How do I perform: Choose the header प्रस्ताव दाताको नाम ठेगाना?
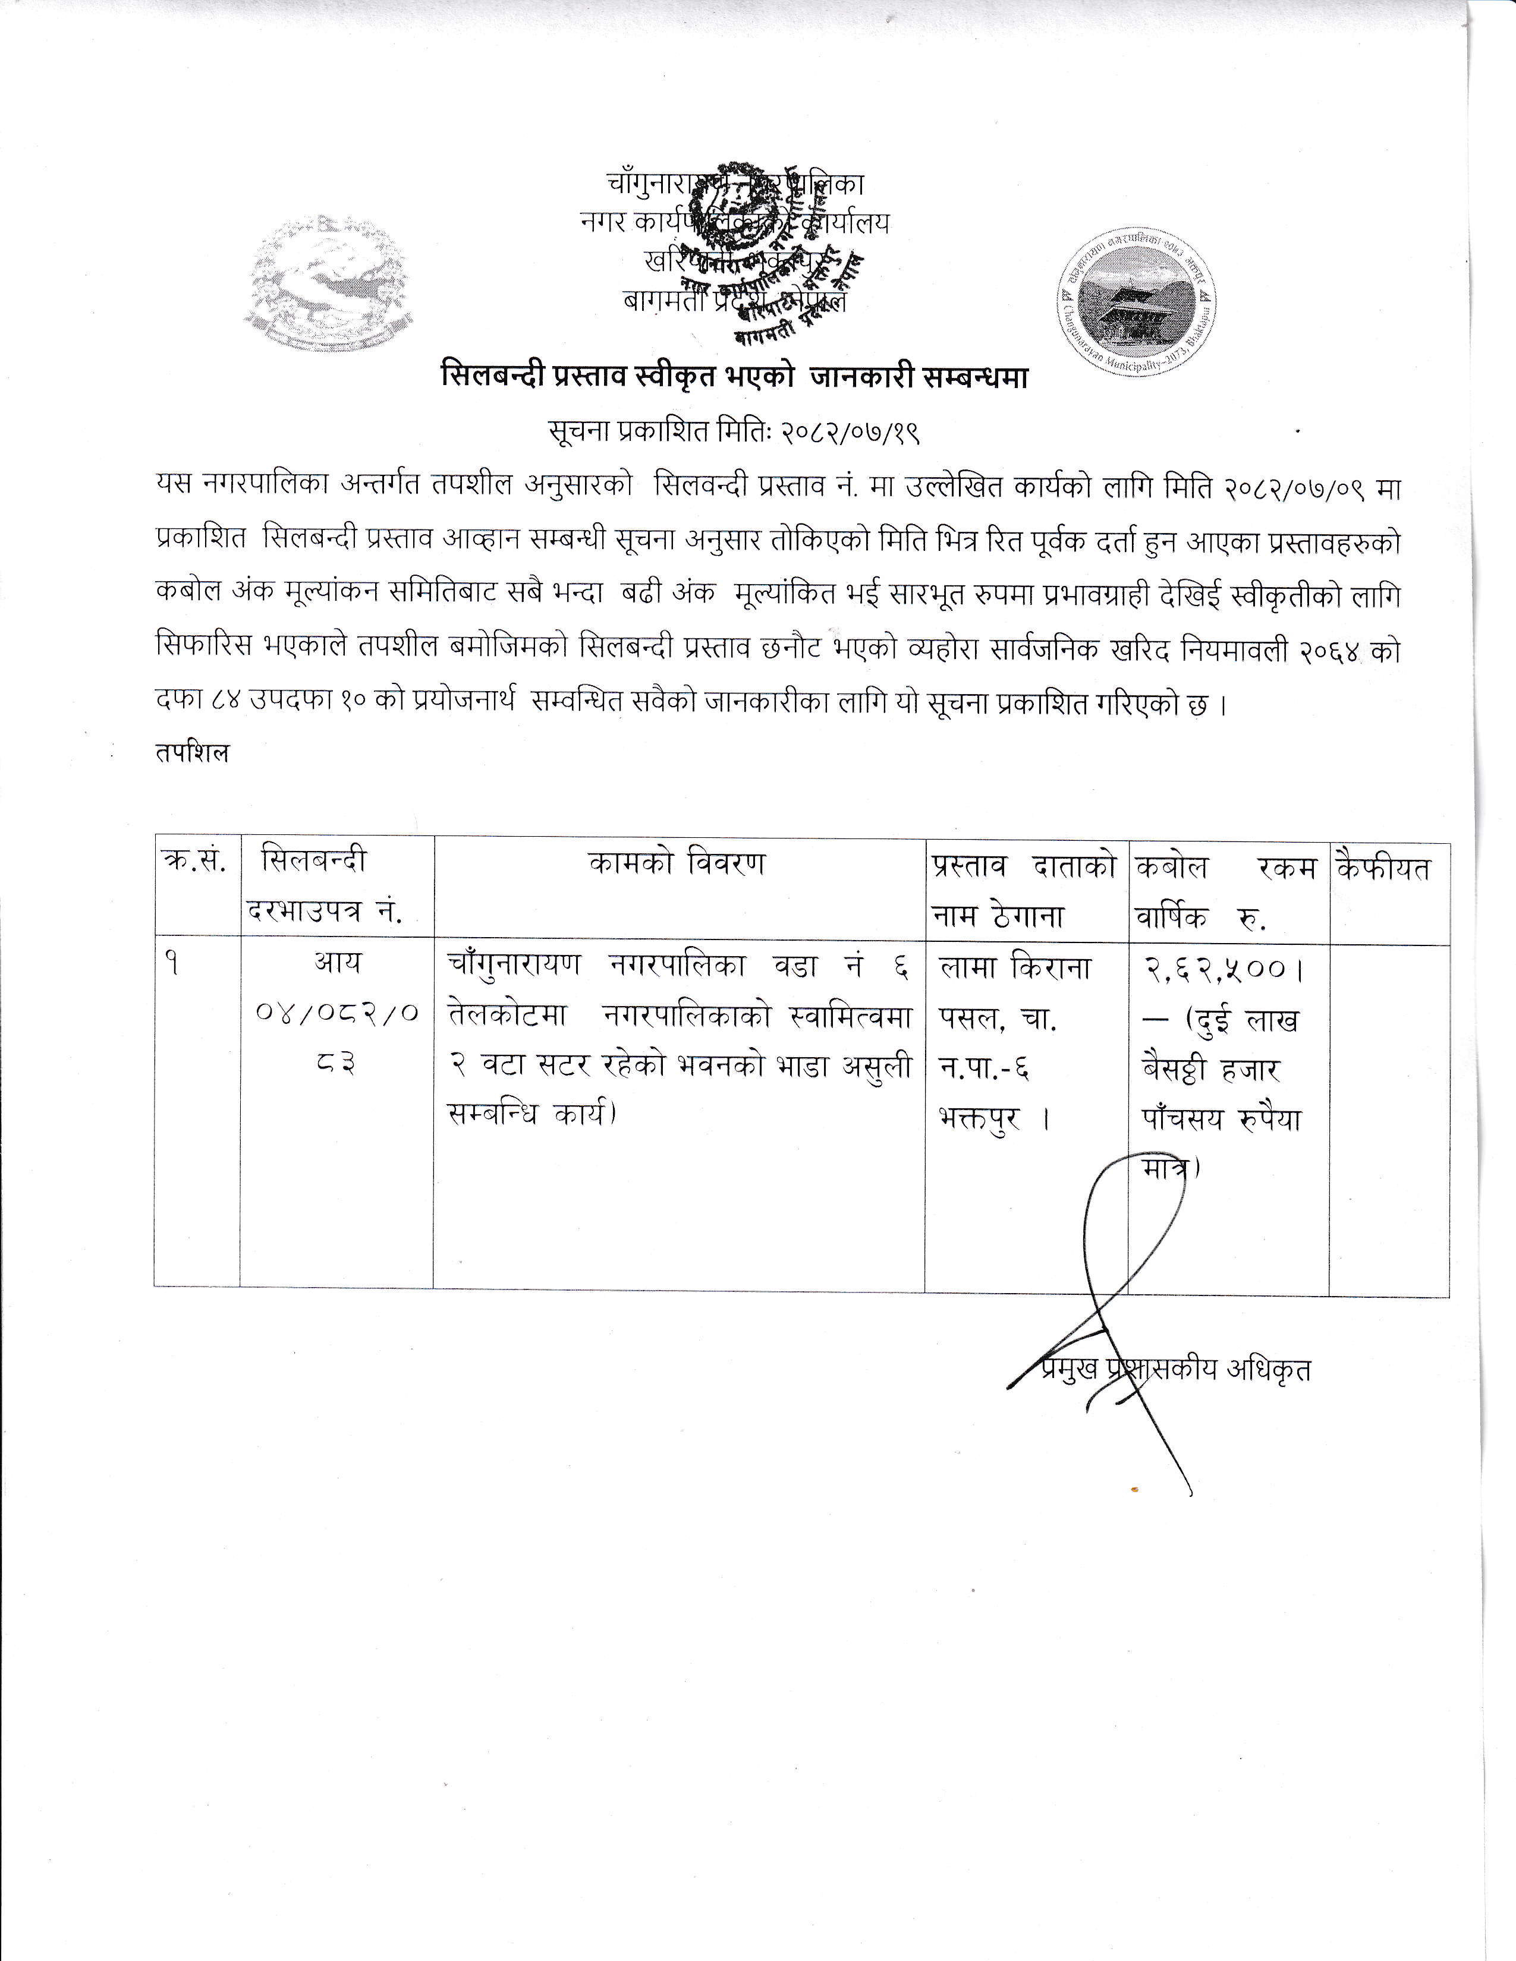pos(1024,890)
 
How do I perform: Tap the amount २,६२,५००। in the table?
pos(1224,969)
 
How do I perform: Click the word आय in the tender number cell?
pos(336,963)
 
